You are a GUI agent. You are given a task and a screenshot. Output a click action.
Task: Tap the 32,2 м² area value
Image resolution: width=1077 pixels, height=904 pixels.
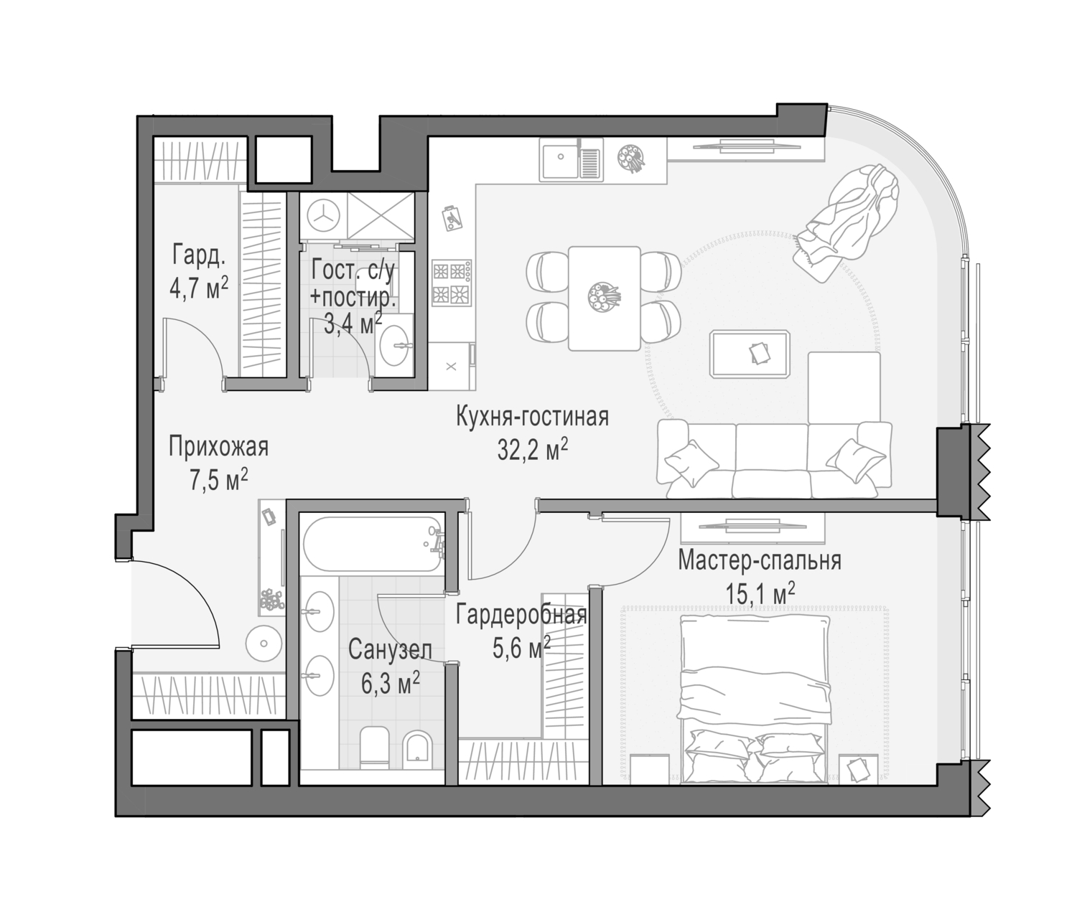coord(532,449)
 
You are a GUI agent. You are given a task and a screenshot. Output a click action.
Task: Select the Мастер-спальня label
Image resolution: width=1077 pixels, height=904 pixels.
coord(759,561)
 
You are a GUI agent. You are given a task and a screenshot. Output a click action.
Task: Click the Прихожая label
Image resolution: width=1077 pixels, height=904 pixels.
coord(219,446)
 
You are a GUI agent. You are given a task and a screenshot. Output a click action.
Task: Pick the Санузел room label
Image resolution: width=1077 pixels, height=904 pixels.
coord(390,651)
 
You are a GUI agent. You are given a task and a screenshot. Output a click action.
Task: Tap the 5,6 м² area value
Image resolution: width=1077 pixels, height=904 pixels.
coord(521,647)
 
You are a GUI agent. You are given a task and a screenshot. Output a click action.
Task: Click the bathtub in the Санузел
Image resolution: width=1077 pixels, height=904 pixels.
coord(373,545)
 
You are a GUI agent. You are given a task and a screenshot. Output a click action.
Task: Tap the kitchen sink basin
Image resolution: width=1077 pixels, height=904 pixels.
coord(560,159)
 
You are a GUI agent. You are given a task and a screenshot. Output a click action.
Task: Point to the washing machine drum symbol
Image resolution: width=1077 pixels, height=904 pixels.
coord(323,217)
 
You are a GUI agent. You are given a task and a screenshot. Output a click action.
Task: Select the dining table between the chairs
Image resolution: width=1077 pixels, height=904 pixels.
coord(604,298)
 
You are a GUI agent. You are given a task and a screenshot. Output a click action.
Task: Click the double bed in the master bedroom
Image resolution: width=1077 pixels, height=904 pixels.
coord(755,699)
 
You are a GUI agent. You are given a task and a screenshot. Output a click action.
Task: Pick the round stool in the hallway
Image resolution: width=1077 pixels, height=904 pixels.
coord(264,644)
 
